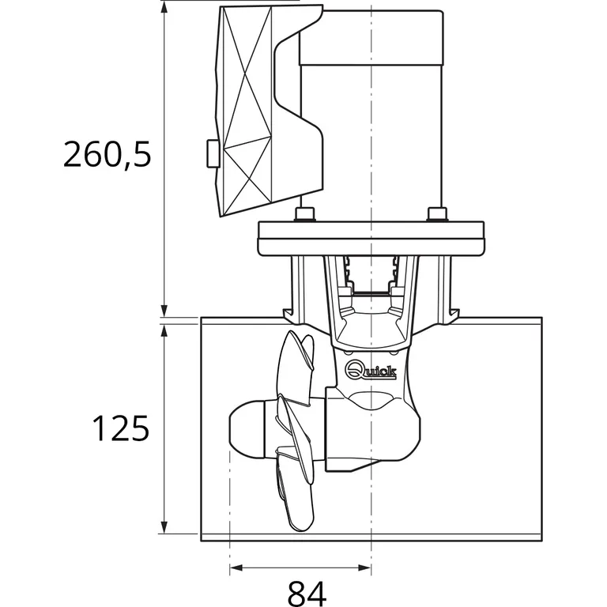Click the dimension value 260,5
[x=107, y=154]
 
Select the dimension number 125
[x=120, y=428]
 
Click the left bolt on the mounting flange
[x=303, y=214]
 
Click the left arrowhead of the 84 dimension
[x=235, y=567]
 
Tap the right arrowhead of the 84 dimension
[x=365, y=567]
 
